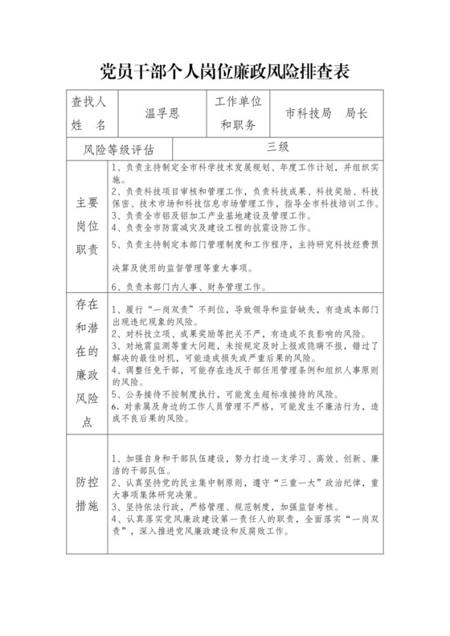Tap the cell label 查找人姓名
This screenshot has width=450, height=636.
pos(88,114)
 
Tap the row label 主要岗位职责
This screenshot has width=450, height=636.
pos(87,224)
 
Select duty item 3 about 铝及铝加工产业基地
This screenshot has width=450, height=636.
pos(208,216)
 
